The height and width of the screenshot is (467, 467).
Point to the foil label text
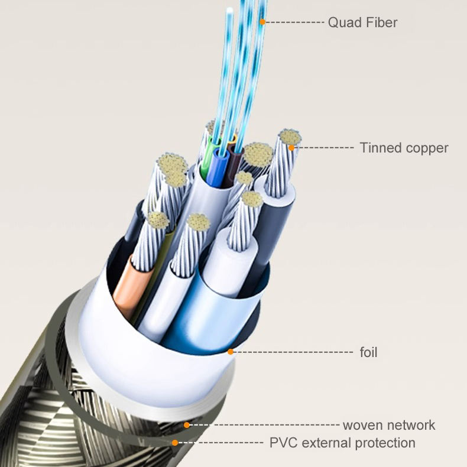pyautogui.click(x=368, y=353)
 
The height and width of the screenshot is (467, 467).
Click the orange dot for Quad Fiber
pyautogui.click(x=262, y=22)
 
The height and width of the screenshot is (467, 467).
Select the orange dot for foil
pyautogui.click(x=230, y=352)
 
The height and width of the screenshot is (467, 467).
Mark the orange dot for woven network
pyautogui.click(x=186, y=424)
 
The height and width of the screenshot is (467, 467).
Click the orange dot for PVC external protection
pyautogui.click(x=174, y=442)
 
